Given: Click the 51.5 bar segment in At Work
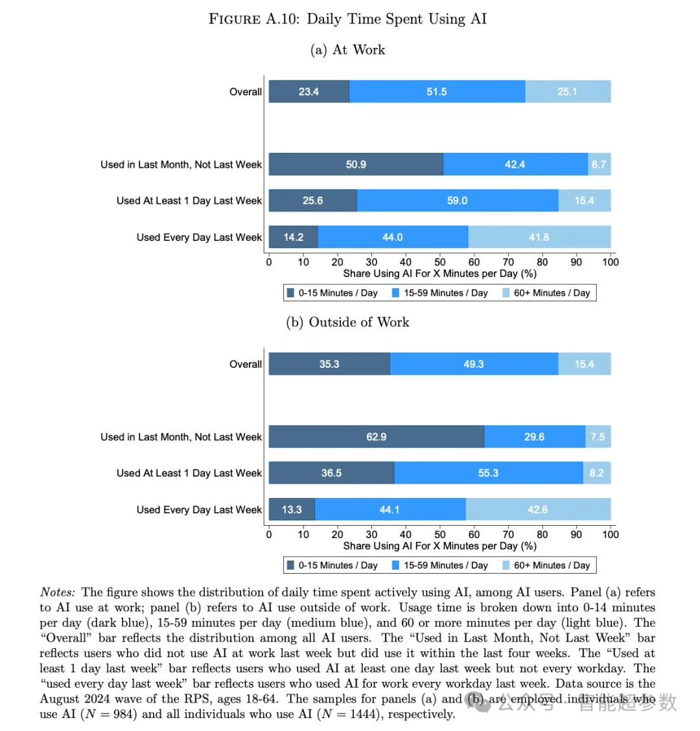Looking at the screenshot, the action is (x=437, y=91).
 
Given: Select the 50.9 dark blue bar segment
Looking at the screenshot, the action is (x=356, y=164).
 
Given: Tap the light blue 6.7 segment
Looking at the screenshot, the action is (x=599, y=164).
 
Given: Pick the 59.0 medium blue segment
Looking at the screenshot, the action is (x=458, y=201).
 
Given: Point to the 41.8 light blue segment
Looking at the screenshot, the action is (x=539, y=237).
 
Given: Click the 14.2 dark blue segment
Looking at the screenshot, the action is (x=294, y=237).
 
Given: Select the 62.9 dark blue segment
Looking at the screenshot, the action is (x=377, y=436).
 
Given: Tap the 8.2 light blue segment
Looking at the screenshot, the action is (x=597, y=473).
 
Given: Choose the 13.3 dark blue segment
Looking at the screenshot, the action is (x=292, y=509).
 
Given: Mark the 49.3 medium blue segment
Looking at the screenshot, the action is (x=474, y=364).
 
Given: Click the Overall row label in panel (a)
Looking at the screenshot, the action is (x=246, y=92).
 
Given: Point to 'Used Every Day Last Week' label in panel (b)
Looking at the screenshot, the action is (x=199, y=510).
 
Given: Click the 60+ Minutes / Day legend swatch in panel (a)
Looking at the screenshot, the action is (x=506, y=293).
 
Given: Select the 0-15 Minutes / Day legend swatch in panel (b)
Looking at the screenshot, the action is (x=291, y=565).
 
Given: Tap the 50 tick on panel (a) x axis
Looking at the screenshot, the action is (x=439, y=262).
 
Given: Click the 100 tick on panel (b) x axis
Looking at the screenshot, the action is (x=611, y=534).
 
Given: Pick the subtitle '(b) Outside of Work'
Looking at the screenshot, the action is (x=347, y=322).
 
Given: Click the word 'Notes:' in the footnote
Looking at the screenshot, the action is (x=58, y=592).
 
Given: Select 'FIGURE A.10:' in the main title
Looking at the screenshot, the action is (x=254, y=19).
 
